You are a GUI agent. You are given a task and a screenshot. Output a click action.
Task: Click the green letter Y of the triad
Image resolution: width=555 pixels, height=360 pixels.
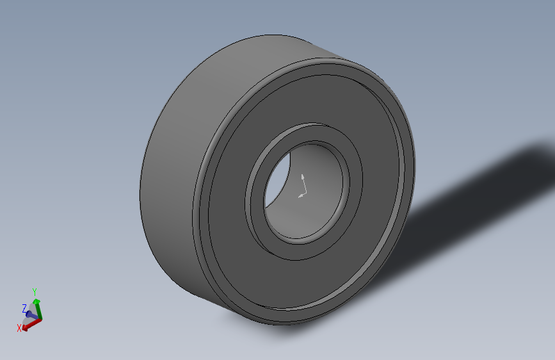click(35, 291)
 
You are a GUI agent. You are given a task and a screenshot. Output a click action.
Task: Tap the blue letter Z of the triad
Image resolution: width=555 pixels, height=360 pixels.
click(24, 307)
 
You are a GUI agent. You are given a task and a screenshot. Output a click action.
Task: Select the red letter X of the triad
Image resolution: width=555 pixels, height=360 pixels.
click(19, 328)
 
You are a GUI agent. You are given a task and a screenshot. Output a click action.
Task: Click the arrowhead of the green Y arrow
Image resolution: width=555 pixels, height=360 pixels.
click(36, 300)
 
